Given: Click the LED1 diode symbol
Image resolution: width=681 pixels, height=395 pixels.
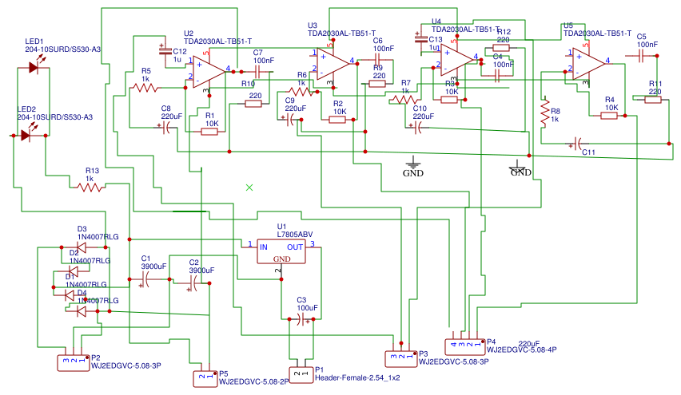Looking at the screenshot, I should [33, 69].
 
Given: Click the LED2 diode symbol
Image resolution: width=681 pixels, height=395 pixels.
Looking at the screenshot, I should [26, 136].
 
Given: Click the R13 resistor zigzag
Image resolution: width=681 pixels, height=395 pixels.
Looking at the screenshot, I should [90, 188].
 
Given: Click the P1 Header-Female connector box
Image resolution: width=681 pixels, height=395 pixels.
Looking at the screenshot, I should [301, 373].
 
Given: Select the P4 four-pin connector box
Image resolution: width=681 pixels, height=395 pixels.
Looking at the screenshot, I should [466, 345].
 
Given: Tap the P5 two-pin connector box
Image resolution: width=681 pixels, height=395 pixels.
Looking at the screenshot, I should [206, 377].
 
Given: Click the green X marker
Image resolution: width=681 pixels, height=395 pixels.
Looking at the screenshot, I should [249, 187].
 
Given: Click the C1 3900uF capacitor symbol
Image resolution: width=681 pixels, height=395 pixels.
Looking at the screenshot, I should [145, 279].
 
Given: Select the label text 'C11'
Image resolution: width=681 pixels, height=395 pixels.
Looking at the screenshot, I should [588, 152].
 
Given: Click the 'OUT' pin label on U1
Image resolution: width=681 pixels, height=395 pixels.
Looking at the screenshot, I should [296, 247].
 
